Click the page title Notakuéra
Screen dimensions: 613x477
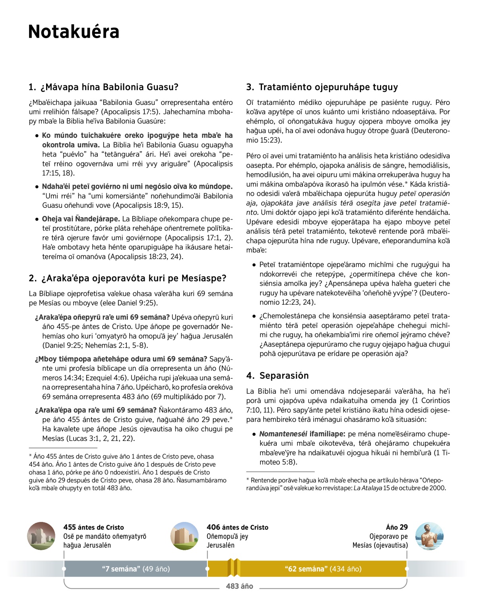tap(74, 32)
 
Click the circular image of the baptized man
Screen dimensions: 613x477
tap(429, 536)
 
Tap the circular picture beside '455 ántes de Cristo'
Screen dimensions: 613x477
tap(41, 536)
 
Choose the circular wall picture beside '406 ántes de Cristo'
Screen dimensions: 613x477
tap(184, 536)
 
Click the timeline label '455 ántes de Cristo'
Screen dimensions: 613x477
tap(93, 527)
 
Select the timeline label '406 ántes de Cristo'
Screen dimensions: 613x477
tap(237, 527)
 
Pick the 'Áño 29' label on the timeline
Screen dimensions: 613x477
tap(397, 527)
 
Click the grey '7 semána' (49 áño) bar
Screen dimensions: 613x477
tap(136, 569)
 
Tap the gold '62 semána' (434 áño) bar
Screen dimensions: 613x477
tap(323, 569)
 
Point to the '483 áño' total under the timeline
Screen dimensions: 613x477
tap(239, 586)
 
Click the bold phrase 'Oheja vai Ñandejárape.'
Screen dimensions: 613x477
tap(81, 219)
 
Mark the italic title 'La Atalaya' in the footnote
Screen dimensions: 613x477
tap(368, 488)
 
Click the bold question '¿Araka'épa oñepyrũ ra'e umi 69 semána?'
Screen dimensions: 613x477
tap(102, 317)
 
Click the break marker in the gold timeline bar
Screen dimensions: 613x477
tap(234, 568)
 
